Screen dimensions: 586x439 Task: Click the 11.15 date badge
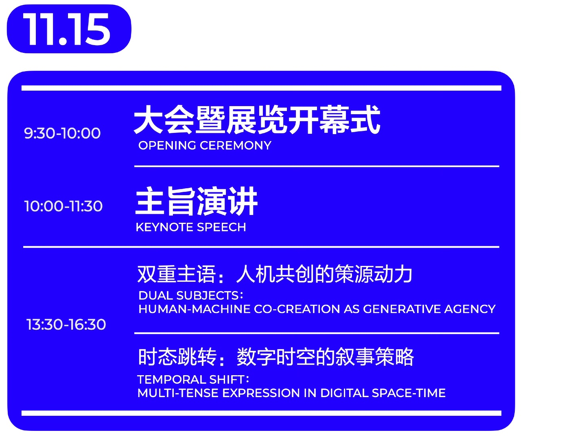69,29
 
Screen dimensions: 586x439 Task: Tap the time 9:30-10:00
62,133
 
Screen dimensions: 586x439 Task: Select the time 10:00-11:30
63,206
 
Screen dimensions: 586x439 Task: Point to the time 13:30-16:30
66,324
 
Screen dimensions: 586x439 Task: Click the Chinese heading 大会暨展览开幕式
257,120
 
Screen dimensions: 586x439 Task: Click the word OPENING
167,146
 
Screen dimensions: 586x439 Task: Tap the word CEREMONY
236,146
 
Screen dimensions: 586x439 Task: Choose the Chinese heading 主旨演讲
197,201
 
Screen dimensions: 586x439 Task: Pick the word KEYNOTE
165,227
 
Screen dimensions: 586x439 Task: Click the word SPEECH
221,227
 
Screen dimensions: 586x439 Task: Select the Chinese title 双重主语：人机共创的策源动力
275,274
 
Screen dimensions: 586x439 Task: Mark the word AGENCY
470,309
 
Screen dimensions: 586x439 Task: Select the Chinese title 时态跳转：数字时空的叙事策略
276,357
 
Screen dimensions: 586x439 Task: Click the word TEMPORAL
172,380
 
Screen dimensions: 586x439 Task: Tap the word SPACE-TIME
409,393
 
